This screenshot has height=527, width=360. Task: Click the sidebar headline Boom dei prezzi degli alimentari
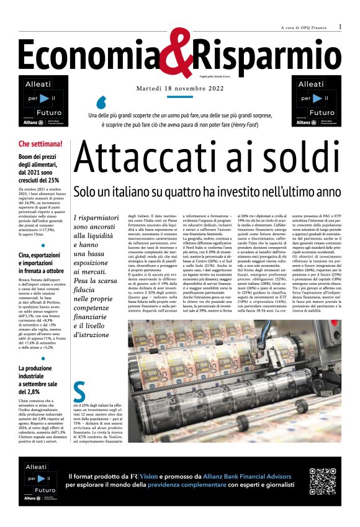[x=42, y=167]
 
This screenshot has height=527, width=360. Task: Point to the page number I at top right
[x=340, y=27]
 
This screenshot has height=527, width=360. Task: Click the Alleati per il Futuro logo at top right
[x=316, y=101]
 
